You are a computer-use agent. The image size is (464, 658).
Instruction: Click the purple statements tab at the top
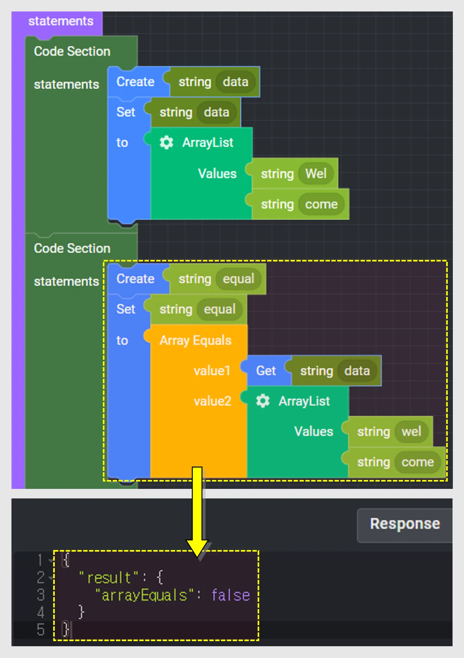[x=61, y=21]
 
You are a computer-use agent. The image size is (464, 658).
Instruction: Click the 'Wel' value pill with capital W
[x=316, y=174]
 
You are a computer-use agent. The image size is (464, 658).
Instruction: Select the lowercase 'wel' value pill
[x=411, y=432]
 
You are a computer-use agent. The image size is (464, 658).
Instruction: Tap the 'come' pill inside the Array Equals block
[x=418, y=462]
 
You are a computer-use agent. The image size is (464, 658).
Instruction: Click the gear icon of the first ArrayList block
[x=166, y=142]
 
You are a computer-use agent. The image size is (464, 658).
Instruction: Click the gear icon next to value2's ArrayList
[x=263, y=401]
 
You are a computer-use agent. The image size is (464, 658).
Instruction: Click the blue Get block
[x=266, y=371]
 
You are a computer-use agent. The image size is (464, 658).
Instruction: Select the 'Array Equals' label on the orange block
[x=195, y=340]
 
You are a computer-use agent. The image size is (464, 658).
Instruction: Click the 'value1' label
[x=212, y=371]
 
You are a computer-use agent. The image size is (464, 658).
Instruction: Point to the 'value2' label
[x=212, y=401]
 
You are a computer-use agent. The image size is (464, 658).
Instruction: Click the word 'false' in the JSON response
[x=231, y=596]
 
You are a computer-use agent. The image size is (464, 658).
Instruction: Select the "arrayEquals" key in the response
[x=144, y=596]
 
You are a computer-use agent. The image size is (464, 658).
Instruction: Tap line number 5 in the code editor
[x=40, y=630]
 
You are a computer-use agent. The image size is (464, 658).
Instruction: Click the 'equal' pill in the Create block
[x=238, y=279]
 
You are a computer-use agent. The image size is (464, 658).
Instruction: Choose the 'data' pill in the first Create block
[x=235, y=82]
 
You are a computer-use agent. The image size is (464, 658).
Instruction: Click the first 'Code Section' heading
[x=72, y=51]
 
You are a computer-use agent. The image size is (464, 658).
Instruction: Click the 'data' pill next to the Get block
[x=357, y=371]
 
